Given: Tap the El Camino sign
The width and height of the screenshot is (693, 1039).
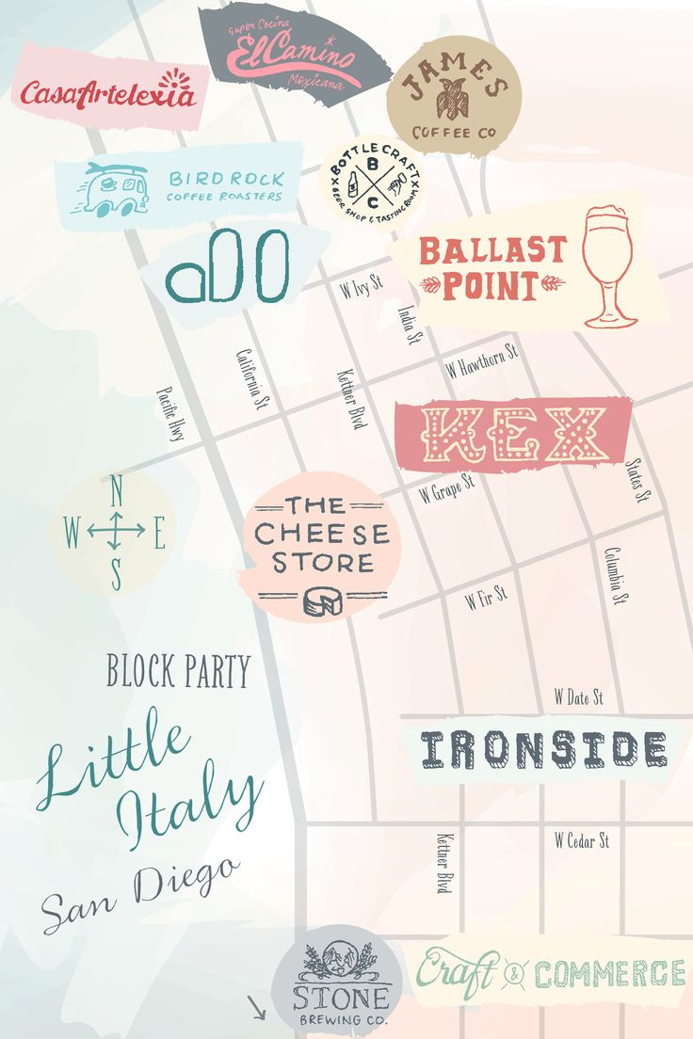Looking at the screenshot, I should pos(292,51).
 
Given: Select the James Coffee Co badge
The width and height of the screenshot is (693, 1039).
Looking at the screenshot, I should pos(454,96).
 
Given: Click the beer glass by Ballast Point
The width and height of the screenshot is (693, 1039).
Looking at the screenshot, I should pos(610,267).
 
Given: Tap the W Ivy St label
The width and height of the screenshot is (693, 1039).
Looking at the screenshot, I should pos(362,284).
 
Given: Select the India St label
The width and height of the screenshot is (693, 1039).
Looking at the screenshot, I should pos(408,323).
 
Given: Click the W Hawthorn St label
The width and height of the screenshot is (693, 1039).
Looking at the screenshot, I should pos(482,360).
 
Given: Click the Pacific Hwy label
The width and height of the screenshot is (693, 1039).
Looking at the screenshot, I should pos(170,414).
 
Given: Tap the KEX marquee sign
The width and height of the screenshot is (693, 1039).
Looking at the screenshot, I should pos(512,434).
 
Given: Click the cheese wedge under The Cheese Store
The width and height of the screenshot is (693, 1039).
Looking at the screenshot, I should pos(323,603).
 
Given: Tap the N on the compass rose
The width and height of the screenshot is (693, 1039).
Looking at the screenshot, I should pos(117,490).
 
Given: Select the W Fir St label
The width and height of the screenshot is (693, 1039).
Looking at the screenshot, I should pos(486,597).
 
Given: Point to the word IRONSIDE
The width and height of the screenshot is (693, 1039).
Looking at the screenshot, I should pos(543,750).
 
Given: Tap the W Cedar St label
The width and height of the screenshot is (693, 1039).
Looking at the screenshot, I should pos(581,839).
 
